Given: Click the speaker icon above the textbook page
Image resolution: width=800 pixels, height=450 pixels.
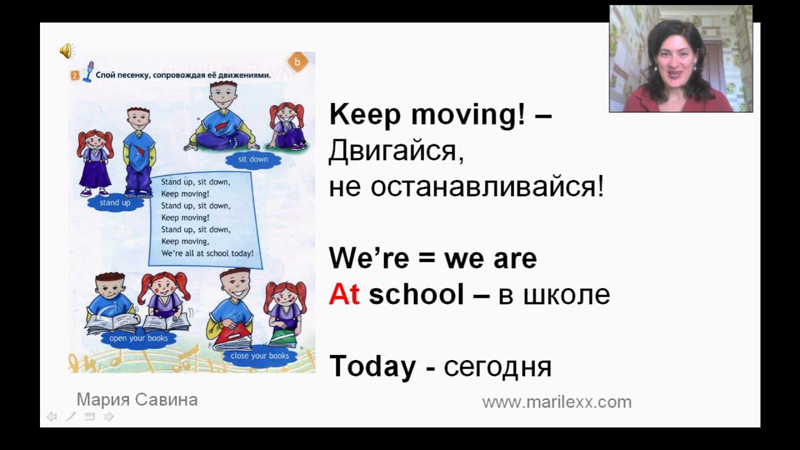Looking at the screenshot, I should point(66,51).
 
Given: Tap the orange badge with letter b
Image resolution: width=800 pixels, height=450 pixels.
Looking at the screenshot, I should point(297,62).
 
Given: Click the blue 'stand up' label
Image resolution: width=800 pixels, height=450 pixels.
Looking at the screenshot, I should point(115,203).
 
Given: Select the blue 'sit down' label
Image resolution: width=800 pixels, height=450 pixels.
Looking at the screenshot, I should point(253,159).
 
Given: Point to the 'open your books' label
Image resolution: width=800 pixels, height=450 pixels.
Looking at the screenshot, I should point(139,339).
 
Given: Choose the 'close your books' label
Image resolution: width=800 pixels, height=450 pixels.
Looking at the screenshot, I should point(260,356).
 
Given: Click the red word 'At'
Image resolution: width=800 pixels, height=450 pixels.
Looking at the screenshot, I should point(344,294).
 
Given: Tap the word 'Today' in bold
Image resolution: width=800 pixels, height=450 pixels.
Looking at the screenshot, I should point(372,366).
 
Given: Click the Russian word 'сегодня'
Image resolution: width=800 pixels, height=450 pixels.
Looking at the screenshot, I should point(497,367).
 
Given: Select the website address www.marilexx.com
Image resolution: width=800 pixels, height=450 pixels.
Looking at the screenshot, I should point(556,402).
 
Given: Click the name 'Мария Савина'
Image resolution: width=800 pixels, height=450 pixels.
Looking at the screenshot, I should point(137,400).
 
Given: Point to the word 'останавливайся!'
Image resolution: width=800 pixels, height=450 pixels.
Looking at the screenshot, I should point(487,187).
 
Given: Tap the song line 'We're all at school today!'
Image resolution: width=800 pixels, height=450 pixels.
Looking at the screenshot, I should point(207,254).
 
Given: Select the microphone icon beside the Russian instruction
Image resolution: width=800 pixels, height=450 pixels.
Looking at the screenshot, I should point(88,72).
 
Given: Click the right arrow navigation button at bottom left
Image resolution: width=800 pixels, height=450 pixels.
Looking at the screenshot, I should point(109,416).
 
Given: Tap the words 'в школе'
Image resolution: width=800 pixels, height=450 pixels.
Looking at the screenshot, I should point(554,294).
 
